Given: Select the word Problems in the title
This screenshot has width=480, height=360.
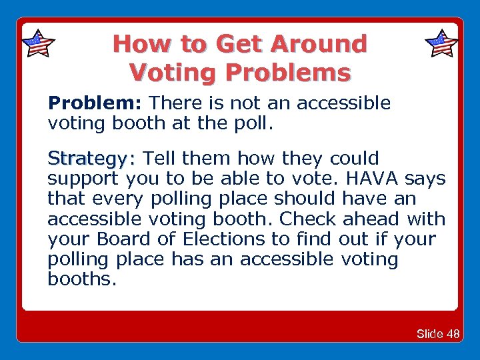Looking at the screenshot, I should point(288,71).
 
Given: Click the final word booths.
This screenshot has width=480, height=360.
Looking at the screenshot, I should point(82,279).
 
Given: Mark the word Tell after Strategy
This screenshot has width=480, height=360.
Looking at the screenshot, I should point(161,159).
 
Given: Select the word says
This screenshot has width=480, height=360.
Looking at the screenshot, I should point(425,179).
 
